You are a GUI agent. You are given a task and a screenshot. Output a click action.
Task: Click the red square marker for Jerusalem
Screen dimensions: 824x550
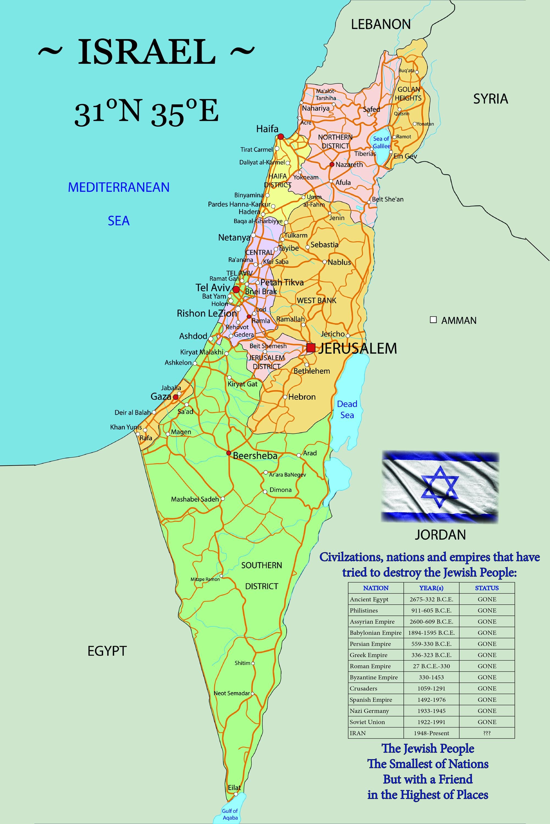pyautogui.click(x=310, y=348)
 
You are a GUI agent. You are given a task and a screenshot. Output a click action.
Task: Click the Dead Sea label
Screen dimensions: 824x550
pyautogui.click(x=347, y=409)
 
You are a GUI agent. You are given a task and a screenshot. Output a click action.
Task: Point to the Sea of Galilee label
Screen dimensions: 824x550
pyautogui.click(x=381, y=142)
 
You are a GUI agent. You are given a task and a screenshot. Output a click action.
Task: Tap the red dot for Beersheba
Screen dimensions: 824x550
pyautogui.click(x=229, y=453)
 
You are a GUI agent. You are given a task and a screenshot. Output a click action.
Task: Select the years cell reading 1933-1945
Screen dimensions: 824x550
pyautogui.click(x=431, y=711)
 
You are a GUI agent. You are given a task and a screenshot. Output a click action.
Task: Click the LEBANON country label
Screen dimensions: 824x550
pyautogui.click(x=381, y=24)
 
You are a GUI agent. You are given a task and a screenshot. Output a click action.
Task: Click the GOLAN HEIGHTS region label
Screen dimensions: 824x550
pyautogui.click(x=408, y=94)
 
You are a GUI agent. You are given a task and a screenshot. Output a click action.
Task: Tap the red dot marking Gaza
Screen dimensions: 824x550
pyautogui.click(x=175, y=397)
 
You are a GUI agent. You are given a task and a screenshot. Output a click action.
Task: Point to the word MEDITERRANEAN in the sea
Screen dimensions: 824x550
pyautogui.click(x=119, y=187)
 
